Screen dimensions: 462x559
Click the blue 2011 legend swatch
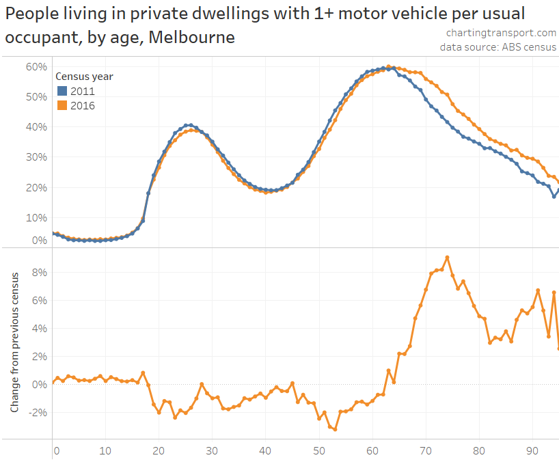(62, 91)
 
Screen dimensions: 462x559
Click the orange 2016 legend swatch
(62, 105)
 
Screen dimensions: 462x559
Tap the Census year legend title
(84, 77)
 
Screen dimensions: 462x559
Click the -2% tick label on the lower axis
(38, 412)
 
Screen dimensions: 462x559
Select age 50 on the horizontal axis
(318, 451)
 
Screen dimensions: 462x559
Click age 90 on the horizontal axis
(532, 451)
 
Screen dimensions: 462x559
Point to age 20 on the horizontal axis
(159, 451)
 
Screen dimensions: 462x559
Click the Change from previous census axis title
(14, 340)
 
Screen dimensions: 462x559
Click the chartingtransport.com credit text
(501, 33)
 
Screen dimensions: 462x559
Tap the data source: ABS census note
(498, 47)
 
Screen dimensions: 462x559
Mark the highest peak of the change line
(447, 258)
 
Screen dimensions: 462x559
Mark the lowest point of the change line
(335, 429)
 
